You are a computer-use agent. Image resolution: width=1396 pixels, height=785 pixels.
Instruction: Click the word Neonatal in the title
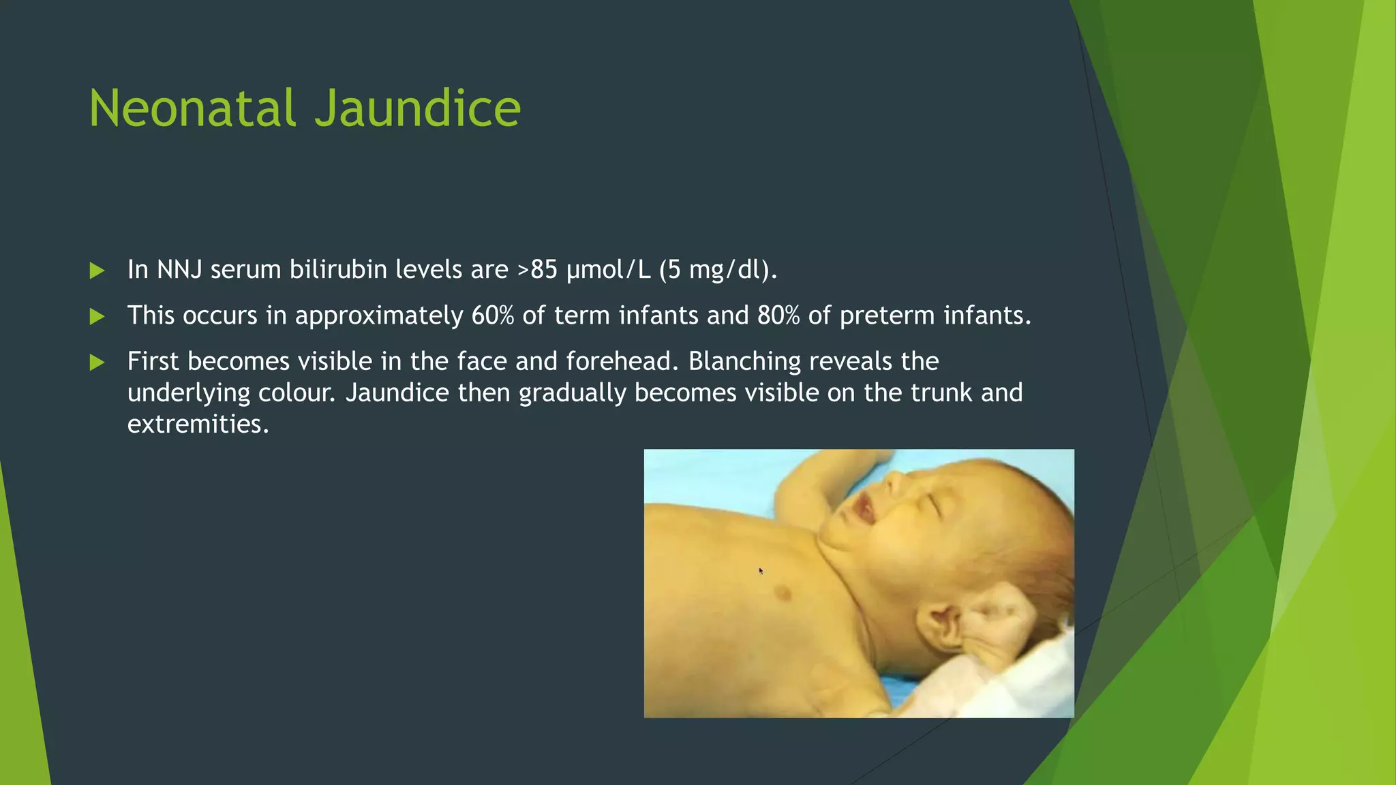193,108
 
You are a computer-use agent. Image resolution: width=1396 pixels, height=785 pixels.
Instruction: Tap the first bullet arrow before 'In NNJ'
97,271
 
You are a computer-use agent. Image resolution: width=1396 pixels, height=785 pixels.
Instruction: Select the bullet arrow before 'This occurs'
97,316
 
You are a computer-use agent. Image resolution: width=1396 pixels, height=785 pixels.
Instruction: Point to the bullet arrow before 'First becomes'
97,362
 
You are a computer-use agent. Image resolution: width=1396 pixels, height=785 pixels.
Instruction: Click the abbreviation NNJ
179,270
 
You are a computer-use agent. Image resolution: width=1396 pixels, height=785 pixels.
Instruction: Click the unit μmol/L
608,271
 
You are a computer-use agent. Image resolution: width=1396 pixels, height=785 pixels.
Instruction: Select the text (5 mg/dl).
718,271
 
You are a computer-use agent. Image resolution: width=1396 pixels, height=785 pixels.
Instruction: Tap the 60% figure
492,315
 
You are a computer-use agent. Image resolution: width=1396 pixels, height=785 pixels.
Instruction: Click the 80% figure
778,315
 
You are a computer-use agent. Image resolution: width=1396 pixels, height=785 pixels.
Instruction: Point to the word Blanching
744,362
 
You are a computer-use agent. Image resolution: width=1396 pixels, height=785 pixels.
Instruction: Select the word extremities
198,425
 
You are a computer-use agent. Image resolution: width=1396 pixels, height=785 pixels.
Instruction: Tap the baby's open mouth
862,510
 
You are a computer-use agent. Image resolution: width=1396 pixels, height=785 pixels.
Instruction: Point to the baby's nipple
783,593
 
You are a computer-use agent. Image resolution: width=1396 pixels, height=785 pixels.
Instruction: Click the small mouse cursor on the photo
761,571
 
